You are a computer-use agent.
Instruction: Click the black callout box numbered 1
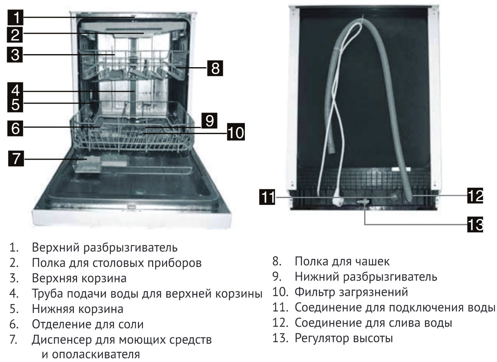(15, 17)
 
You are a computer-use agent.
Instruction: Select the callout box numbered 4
(15, 90)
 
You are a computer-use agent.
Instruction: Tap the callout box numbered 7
(16, 159)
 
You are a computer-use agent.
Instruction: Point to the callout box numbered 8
(215, 68)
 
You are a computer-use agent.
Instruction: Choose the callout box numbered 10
(236, 132)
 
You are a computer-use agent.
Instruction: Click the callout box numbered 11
(267, 197)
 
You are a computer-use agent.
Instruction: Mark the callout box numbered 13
(475, 225)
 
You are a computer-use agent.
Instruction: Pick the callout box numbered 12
(475, 195)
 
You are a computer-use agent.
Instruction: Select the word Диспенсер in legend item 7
(61, 340)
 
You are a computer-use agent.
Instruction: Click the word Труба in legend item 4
(47, 294)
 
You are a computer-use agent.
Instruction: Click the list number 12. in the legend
(280, 323)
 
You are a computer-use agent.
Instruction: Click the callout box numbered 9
(209, 121)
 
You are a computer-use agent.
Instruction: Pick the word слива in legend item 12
(403, 323)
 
